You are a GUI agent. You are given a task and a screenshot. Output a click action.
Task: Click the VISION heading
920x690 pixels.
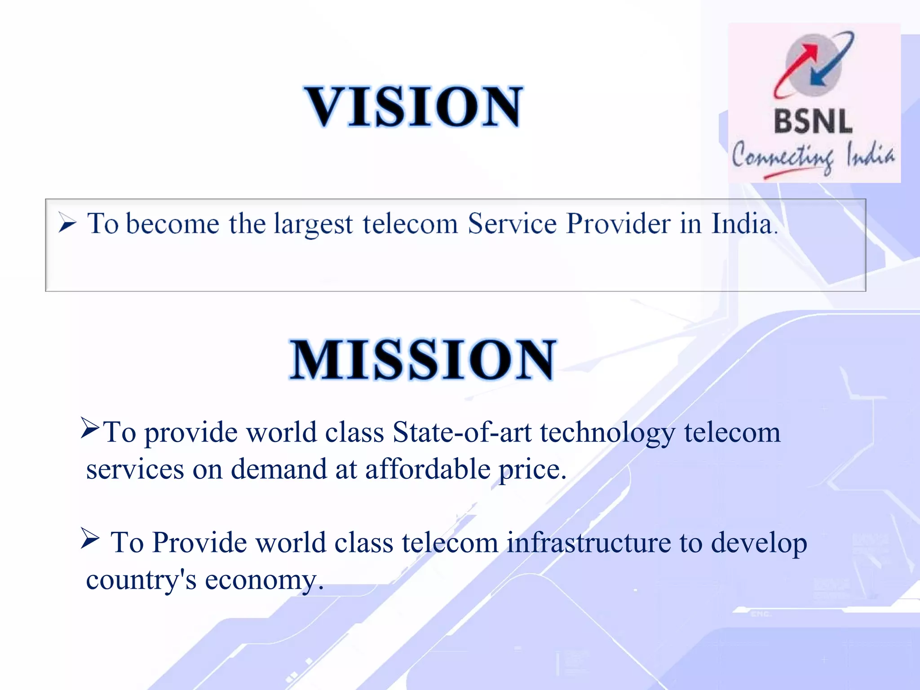tap(414, 107)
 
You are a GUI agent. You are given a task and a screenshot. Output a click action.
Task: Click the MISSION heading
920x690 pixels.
tap(422, 360)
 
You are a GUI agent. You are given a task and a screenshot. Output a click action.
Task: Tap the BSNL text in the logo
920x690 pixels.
tap(813, 122)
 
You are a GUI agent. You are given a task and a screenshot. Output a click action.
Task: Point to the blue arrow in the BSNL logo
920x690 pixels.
tap(831, 63)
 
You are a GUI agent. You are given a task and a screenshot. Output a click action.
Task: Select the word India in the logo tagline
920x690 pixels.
tap(870, 154)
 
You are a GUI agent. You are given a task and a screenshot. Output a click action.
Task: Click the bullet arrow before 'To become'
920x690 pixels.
tap(67, 223)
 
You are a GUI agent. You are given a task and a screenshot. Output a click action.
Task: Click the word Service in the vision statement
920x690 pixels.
tap(512, 223)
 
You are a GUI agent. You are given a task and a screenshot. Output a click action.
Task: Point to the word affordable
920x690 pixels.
tap(427, 469)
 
